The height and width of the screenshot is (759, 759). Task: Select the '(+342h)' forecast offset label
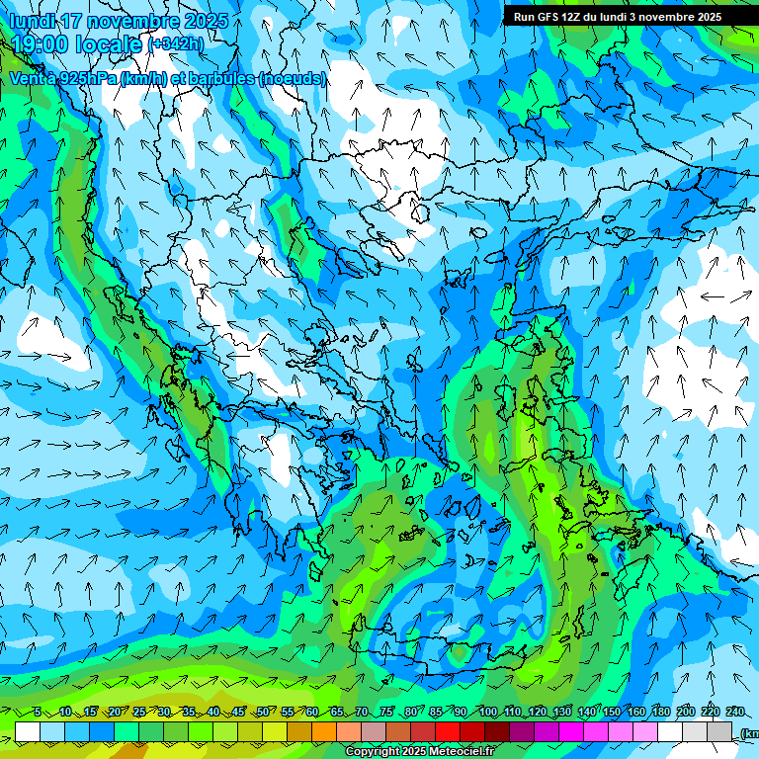[176, 43]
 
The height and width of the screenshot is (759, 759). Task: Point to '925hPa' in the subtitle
[83, 78]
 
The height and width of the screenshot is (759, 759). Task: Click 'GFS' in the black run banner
[550, 17]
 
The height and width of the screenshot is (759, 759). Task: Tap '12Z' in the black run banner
[577, 17]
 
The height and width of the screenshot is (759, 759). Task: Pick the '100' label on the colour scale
[487, 712]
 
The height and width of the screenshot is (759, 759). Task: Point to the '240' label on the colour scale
[734, 712]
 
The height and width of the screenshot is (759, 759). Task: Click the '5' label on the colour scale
[37, 712]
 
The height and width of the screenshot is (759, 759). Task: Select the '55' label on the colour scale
[287, 712]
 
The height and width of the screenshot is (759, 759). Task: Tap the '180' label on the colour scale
[660, 712]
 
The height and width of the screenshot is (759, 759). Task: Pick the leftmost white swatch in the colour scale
[28, 732]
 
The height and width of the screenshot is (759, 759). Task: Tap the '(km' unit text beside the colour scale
[749, 733]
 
